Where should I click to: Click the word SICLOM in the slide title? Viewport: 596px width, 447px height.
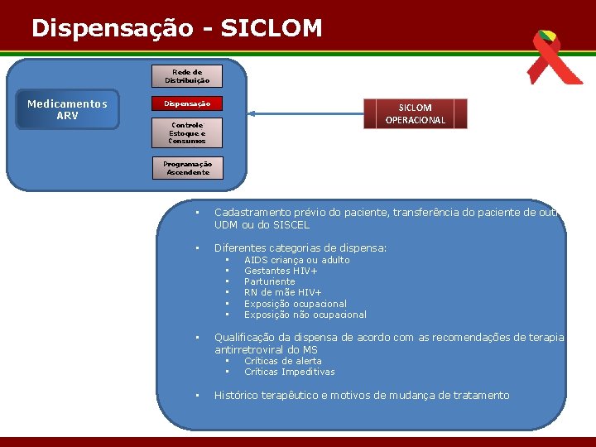click(272, 28)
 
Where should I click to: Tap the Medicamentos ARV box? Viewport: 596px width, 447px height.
click(67, 109)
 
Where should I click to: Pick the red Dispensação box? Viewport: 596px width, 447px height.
click(187, 104)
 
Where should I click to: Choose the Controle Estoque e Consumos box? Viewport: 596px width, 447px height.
click(187, 132)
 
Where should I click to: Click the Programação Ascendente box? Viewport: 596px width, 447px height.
click(187, 168)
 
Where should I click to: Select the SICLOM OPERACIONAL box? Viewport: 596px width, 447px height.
click(415, 113)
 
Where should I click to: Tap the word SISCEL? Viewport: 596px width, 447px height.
click(288, 225)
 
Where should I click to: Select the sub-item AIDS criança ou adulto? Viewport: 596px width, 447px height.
click(296, 260)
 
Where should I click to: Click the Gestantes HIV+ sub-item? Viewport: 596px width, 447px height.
click(281, 271)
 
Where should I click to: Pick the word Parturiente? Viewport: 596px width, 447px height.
click(269, 281)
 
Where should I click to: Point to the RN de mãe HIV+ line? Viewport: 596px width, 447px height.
click(282, 292)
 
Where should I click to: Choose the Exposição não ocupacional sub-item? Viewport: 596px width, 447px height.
click(305, 315)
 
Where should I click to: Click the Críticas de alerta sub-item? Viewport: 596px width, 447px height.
click(282, 361)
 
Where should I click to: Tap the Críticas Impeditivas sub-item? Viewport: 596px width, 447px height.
click(289, 372)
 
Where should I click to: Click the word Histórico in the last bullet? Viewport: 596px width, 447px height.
click(240, 396)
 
